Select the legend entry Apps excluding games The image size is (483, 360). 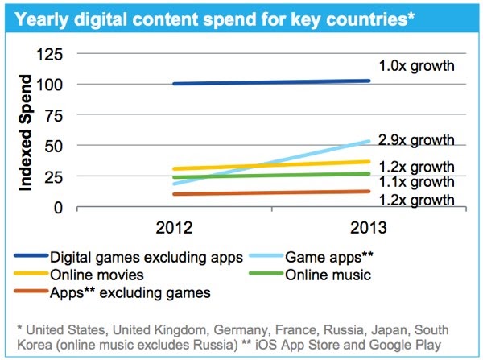coord(130,293)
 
